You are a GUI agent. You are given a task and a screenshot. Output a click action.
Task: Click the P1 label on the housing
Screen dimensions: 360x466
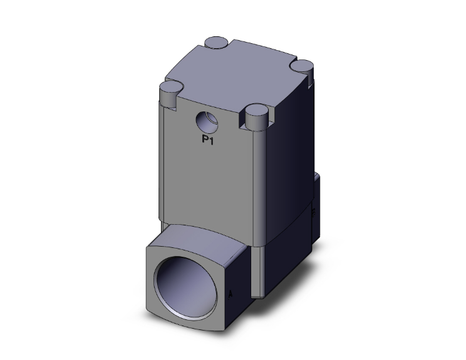tap(208, 141)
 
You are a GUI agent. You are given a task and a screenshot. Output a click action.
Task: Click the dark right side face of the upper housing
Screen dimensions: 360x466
tap(288, 157)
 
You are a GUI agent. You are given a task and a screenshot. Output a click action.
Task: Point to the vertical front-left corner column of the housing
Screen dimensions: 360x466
tap(163, 163)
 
